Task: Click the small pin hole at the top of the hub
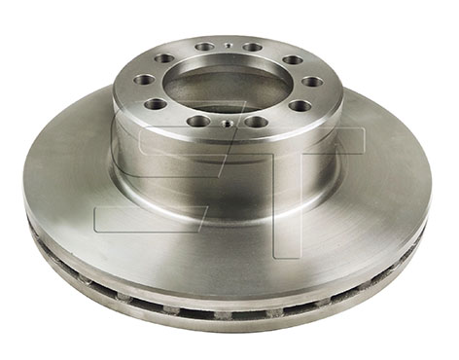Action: [x=228, y=46]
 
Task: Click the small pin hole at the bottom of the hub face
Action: [x=227, y=124]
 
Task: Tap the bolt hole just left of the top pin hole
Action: [x=203, y=47]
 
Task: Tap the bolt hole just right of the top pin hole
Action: [x=252, y=47]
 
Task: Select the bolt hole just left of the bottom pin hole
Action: [x=197, y=121]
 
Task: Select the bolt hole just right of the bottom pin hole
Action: [x=255, y=122]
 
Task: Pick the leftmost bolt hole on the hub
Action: [x=144, y=80]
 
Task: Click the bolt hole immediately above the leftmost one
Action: [x=164, y=59]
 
